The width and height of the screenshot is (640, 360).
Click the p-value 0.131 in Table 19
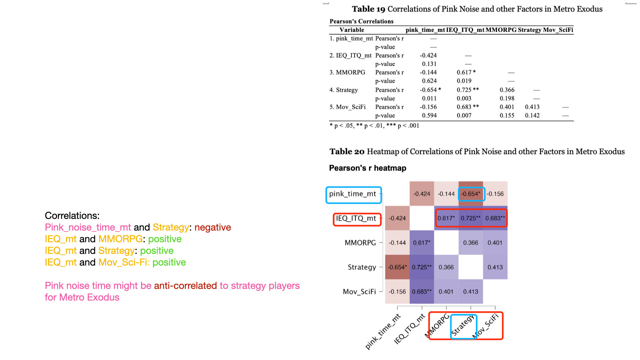pos(429,64)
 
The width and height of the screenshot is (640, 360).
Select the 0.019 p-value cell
pos(464,81)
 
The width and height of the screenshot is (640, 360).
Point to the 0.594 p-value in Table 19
pos(429,116)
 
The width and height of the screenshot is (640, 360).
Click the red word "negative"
pos(213,227)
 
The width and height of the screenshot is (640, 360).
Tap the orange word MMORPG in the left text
pos(120,239)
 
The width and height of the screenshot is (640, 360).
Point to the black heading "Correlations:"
pos(72,216)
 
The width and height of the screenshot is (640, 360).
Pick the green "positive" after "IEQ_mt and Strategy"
pos(157,251)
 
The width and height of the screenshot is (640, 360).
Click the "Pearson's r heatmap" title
pos(368,168)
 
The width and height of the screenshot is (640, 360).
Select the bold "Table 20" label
pos(347,152)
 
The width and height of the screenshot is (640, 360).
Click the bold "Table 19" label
pos(368,9)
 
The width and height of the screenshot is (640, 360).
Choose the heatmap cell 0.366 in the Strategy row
pos(446,267)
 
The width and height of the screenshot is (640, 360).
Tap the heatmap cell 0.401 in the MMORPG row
pos(495,243)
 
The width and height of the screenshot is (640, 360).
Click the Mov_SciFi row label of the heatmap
pos(359,292)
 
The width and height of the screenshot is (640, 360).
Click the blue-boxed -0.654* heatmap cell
pos(471,194)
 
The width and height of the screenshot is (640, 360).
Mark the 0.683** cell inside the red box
pos(495,218)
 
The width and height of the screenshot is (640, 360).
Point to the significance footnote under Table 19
pos(374,126)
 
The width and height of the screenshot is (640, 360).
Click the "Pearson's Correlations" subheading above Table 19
pos(361,21)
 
